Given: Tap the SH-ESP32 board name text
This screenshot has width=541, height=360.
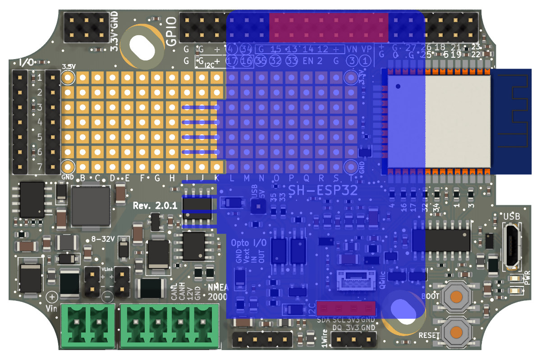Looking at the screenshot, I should [x=323, y=190].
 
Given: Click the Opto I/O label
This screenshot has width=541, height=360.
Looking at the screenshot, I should [x=248, y=243].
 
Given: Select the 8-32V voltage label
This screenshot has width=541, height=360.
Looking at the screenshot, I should [x=102, y=240].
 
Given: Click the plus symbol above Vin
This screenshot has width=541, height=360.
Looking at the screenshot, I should [x=52, y=297].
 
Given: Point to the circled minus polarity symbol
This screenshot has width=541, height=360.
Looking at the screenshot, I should [x=107, y=297].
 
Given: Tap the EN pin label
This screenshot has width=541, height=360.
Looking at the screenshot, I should [x=308, y=60].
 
